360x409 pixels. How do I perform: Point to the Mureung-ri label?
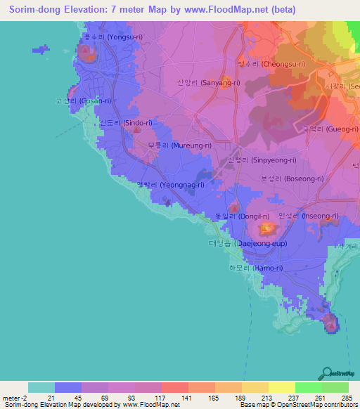tap(179, 145)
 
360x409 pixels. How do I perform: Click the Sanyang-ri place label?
tap(200, 82)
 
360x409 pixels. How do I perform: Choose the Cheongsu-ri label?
tap(271, 64)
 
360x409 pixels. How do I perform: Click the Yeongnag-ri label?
tap(171, 185)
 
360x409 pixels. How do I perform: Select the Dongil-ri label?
tap(242, 216)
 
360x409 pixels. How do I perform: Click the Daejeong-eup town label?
tap(246, 243)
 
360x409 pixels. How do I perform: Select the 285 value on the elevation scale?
tap(347, 398)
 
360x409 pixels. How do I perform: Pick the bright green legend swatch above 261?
tap(309, 387)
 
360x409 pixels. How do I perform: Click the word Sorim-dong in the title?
tap(36, 10)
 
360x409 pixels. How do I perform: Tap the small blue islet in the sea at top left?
tap(41, 49)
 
